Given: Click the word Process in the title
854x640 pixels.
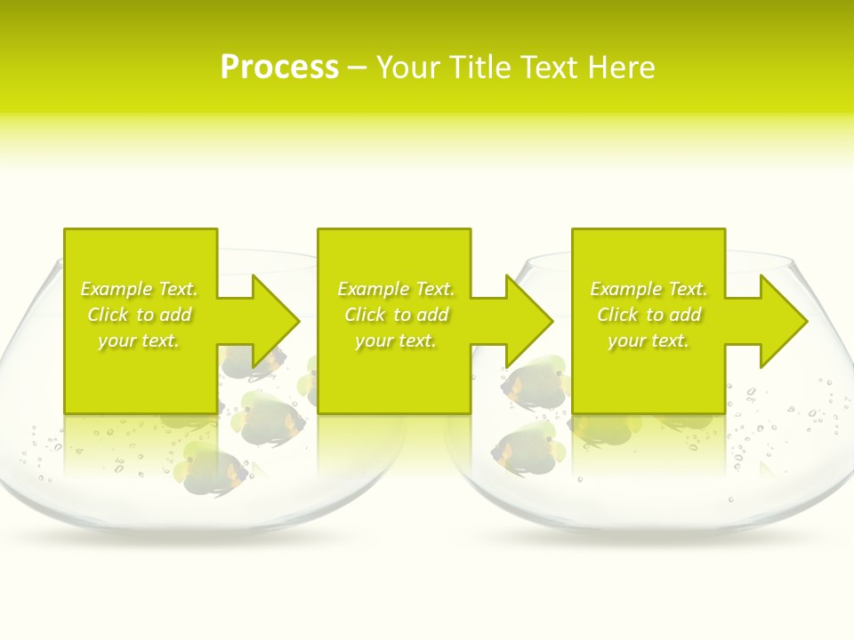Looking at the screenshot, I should pos(279,67).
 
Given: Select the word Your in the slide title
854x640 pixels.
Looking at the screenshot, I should pos(408,68).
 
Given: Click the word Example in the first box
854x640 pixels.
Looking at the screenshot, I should pos(116,289).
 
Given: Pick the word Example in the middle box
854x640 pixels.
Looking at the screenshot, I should pos(373,289).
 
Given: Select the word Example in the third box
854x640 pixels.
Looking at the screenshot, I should pos(625,289).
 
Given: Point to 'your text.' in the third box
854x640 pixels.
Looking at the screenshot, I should pos(648,340).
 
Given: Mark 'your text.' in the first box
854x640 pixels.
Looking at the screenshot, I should pos(139,340).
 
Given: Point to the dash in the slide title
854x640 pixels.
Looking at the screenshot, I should pos(357,68).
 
